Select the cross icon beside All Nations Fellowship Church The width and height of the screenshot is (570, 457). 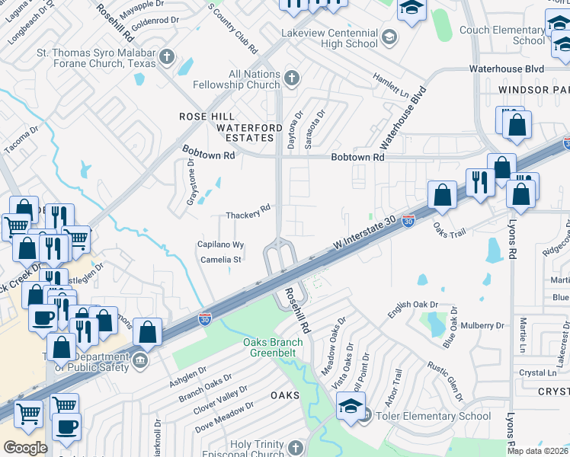[x=291, y=78]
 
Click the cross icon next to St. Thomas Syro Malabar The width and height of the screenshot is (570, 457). [x=165, y=56]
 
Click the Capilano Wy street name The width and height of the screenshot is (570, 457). [x=221, y=245]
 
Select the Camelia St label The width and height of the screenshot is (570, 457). [x=221, y=260]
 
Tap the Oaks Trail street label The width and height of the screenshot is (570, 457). [x=450, y=226]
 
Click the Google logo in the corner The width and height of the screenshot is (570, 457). [x=25, y=447]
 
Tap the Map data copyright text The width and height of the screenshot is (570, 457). [x=537, y=451]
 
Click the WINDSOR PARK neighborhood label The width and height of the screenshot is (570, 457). [x=533, y=90]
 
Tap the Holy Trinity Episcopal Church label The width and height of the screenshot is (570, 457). [x=251, y=449]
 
